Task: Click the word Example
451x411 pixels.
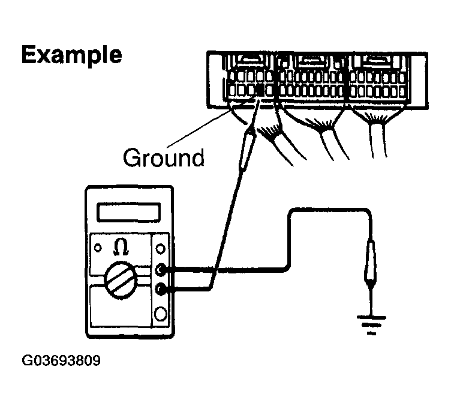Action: [x=71, y=55]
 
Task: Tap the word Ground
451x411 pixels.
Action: [x=163, y=158]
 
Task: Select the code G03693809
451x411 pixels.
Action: [x=62, y=361]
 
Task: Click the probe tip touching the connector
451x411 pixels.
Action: [x=254, y=131]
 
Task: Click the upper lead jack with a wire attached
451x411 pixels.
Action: [x=161, y=270]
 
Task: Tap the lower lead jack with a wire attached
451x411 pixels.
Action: [x=161, y=290]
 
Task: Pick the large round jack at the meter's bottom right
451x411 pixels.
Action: [x=161, y=314]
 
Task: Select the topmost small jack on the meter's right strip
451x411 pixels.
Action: [x=161, y=247]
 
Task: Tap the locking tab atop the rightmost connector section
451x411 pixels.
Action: [x=376, y=60]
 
